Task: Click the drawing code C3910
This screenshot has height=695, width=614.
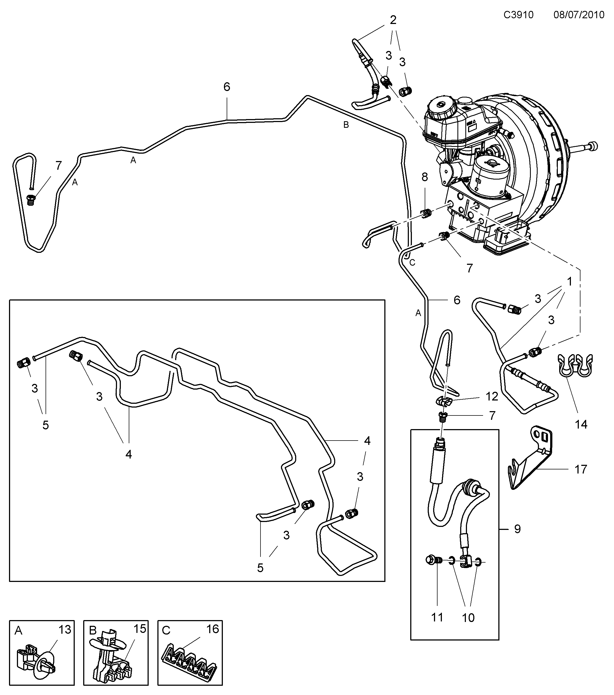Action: [x=518, y=15]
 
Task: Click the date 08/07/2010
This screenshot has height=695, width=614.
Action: [x=579, y=15]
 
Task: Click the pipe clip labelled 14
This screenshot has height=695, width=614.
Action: [x=575, y=367]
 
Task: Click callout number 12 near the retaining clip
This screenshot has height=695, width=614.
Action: [x=492, y=396]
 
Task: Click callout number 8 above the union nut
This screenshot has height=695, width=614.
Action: [x=424, y=177]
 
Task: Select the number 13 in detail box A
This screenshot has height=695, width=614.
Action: [x=65, y=629]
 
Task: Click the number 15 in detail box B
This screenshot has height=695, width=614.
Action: [x=140, y=629]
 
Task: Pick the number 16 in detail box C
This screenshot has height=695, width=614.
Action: [x=213, y=629]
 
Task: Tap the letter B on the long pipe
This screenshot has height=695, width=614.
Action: [x=346, y=125]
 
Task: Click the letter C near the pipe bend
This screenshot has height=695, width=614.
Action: [x=412, y=262]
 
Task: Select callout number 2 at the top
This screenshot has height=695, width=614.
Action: [x=393, y=20]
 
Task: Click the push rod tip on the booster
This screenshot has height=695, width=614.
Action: [x=594, y=146]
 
